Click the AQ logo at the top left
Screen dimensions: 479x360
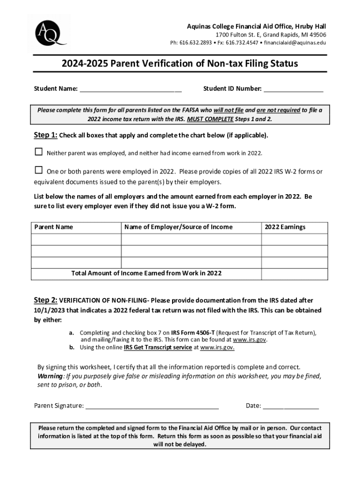[x=48, y=33]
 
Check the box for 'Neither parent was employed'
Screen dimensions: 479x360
[x=38, y=152]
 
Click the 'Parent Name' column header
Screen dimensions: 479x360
[x=54, y=227]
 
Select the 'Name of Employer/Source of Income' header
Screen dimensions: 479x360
[x=178, y=227]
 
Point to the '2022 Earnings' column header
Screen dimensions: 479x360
[x=285, y=227]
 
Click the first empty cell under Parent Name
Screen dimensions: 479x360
[x=76, y=239]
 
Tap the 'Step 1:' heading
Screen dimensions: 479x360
[x=45, y=136]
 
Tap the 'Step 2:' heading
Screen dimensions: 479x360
[x=45, y=300]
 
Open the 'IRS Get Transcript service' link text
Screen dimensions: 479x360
[x=158, y=348]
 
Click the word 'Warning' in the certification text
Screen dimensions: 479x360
[x=50, y=376]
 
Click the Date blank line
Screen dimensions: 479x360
[x=291, y=405]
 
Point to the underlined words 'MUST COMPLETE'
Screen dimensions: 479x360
[x=210, y=119]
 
